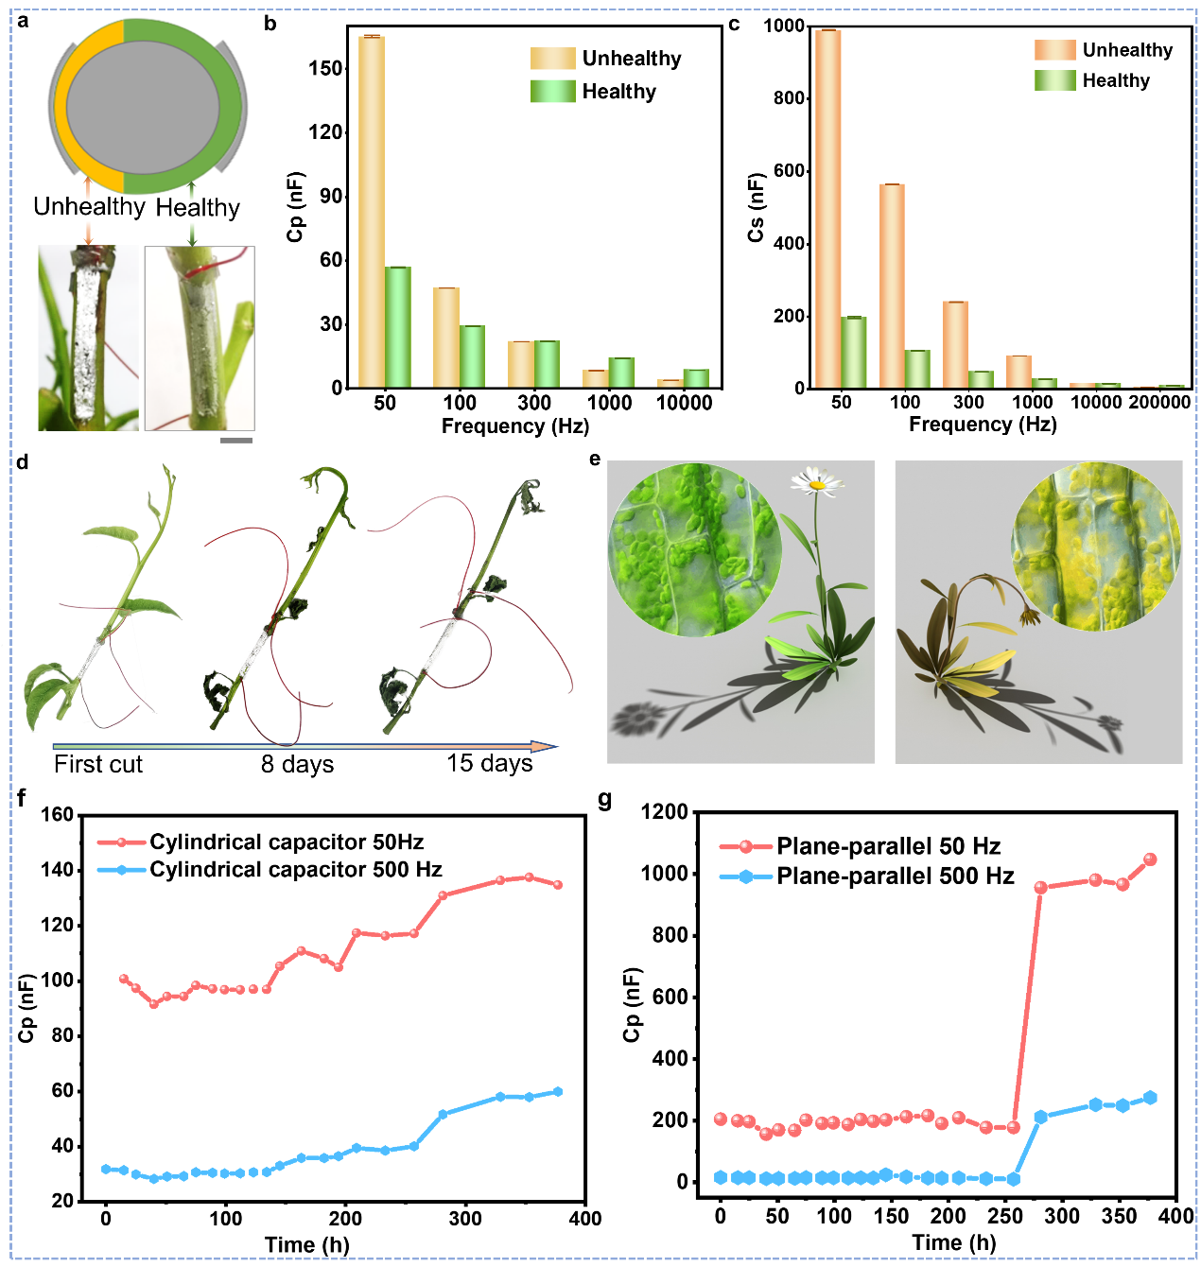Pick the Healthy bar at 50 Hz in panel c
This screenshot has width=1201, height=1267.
[x=854, y=352]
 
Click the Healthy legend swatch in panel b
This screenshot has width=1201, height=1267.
[x=552, y=92]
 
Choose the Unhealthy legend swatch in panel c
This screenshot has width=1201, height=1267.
[x=1054, y=50]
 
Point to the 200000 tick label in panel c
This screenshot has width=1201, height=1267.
[x=1159, y=402]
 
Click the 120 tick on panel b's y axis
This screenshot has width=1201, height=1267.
[x=324, y=132]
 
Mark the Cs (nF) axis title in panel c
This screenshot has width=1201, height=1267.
[x=756, y=207]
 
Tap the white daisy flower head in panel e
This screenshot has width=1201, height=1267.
[x=815, y=482]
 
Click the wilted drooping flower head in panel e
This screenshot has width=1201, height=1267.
[x=1027, y=617]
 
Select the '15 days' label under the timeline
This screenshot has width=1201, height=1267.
[x=490, y=763]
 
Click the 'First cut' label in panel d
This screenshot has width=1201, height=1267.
[x=98, y=764]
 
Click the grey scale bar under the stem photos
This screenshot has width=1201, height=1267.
[x=236, y=440]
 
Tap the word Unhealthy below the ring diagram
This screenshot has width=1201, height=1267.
[x=89, y=207]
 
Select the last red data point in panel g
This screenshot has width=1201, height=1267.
[x=1150, y=859]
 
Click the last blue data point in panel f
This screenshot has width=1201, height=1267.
[x=558, y=1091]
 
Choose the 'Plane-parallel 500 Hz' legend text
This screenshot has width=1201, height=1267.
[x=895, y=876]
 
